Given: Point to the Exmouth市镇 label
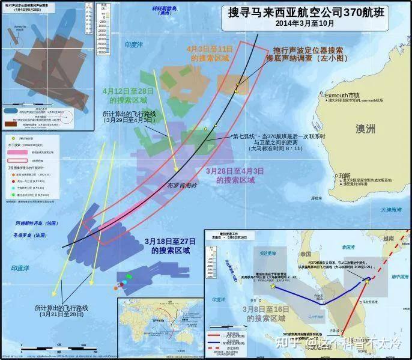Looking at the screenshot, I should [342, 95].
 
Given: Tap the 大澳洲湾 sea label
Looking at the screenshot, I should [394, 210].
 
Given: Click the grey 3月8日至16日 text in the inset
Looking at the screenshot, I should [266, 313].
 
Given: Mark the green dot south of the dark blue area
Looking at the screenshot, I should [129, 276].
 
